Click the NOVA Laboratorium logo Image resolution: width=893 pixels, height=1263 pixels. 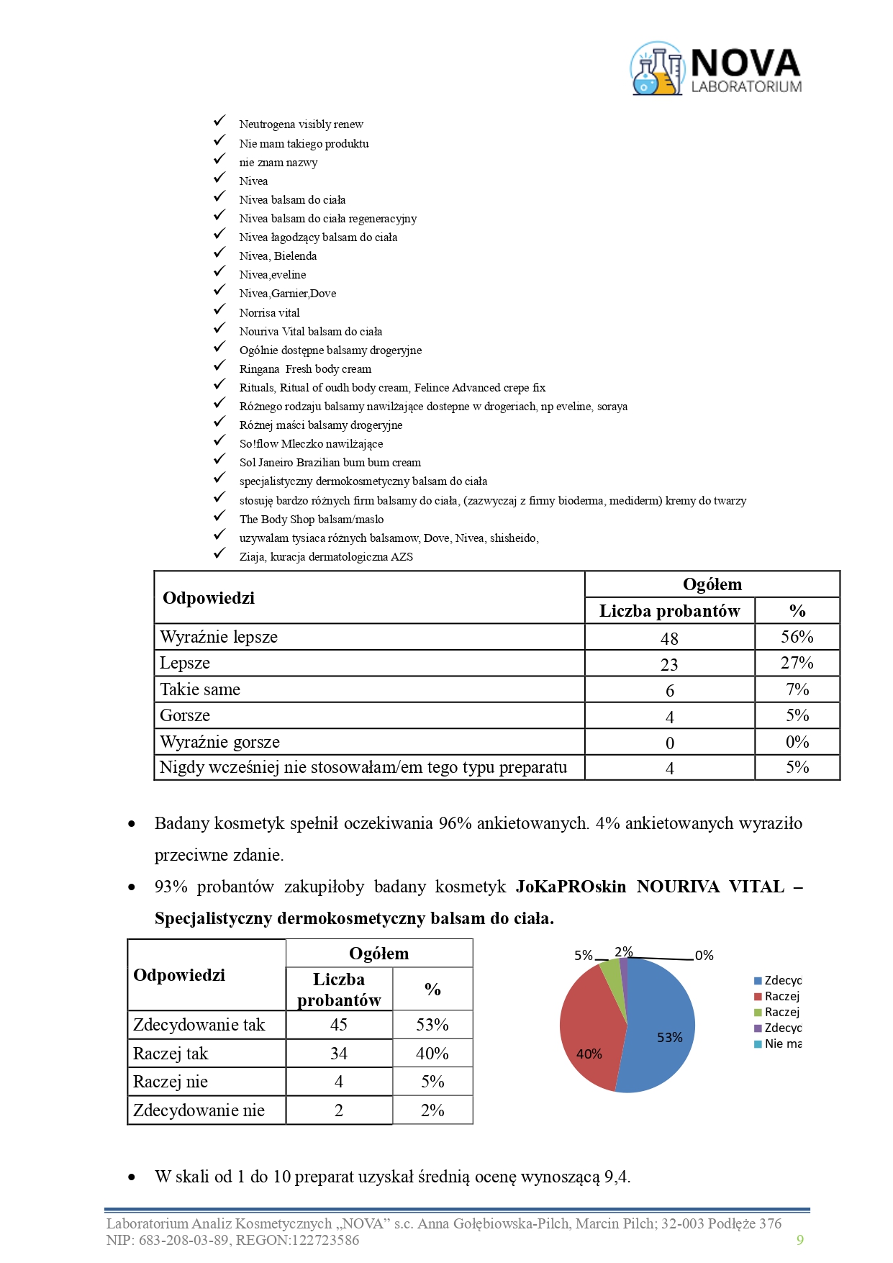(x=716, y=68)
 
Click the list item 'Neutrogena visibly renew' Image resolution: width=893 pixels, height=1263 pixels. (x=301, y=125)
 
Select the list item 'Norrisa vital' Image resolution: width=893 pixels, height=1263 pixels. (x=269, y=313)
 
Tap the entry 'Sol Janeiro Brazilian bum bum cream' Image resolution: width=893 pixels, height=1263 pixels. (x=330, y=463)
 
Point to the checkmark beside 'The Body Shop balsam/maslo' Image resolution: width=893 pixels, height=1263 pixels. (x=219, y=517)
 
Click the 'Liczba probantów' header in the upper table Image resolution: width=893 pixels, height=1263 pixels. (x=669, y=611)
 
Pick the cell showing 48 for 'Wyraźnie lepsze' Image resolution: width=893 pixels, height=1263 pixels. (x=669, y=638)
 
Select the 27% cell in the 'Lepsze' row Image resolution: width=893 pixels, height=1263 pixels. (x=797, y=663)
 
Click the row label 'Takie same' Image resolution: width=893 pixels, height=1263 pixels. (x=200, y=689)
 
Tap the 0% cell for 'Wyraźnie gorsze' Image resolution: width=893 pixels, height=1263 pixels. (x=797, y=742)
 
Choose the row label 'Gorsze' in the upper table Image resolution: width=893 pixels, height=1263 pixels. (x=185, y=715)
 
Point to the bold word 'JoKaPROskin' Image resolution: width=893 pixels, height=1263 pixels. (x=571, y=887)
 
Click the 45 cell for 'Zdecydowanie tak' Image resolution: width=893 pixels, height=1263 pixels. (x=339, y=1025)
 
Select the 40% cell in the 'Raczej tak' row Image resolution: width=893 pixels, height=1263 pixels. (x=432, y=1054)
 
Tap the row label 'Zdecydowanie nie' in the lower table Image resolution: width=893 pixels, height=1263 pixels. (x=199, y=1110)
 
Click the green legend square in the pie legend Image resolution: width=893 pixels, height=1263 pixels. (x=758, y=1013)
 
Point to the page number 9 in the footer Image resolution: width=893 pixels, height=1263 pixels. (x=799, y=1240)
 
